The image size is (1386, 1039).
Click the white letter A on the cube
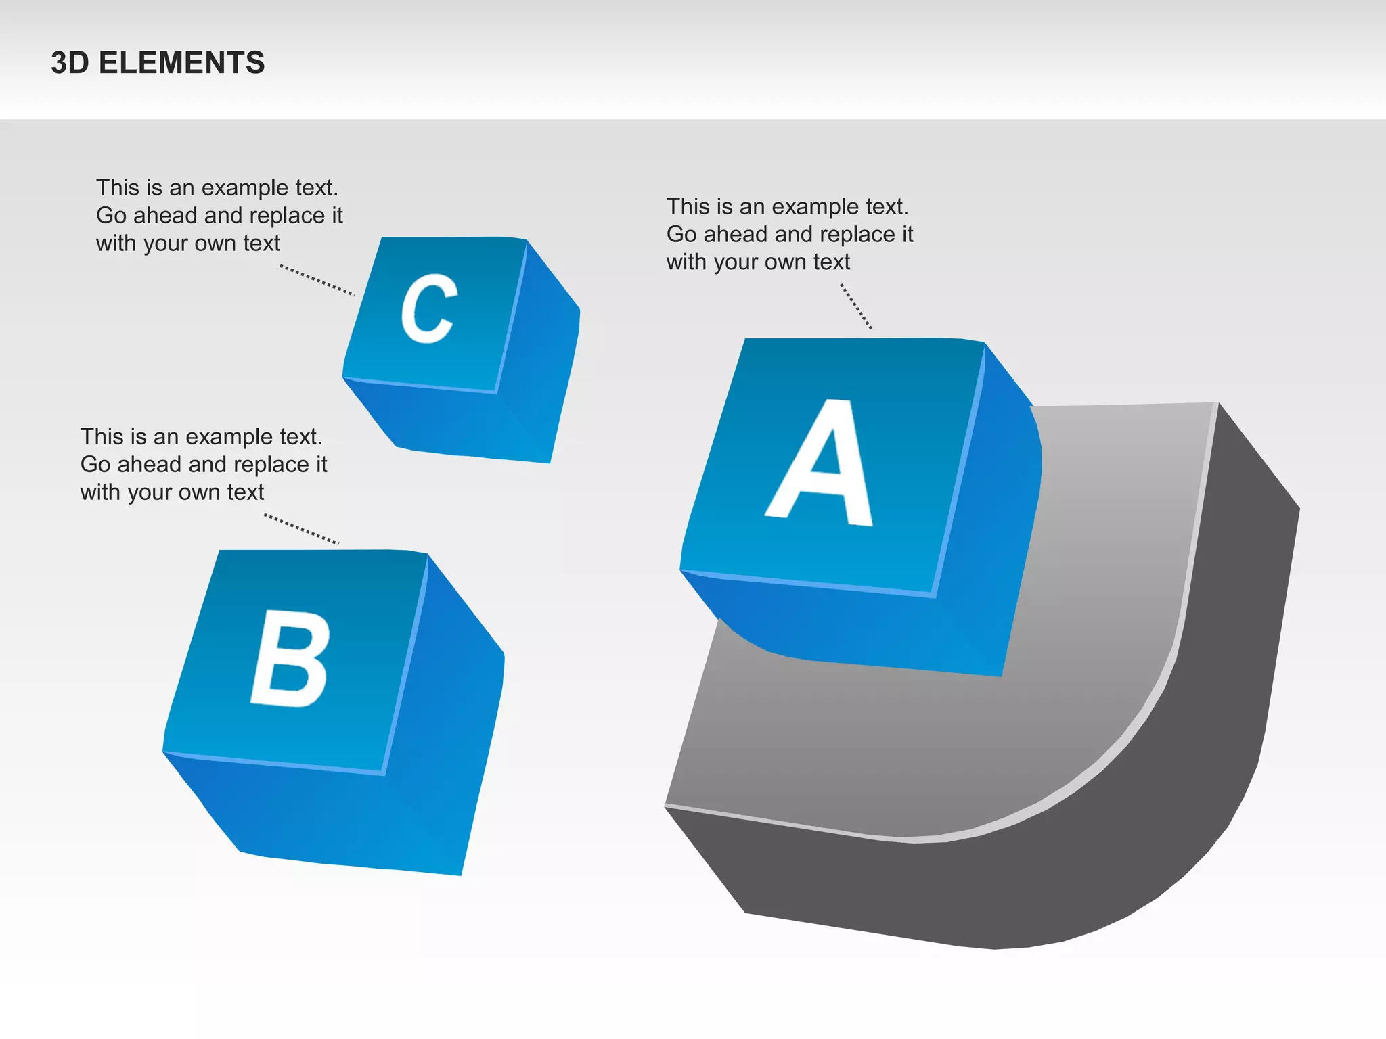[x=821, y=467]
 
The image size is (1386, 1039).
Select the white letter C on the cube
[x=428, y=308]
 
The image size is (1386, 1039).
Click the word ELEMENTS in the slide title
[x=181, y=63]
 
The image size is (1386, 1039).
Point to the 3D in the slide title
[x=70, y=63]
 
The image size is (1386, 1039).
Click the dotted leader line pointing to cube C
[x=317, y=280]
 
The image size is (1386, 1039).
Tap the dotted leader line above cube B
[x=301, y=529]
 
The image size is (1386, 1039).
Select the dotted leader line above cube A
[x=856, y=306]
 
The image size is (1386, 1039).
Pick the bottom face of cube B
[x=305, y=812]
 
